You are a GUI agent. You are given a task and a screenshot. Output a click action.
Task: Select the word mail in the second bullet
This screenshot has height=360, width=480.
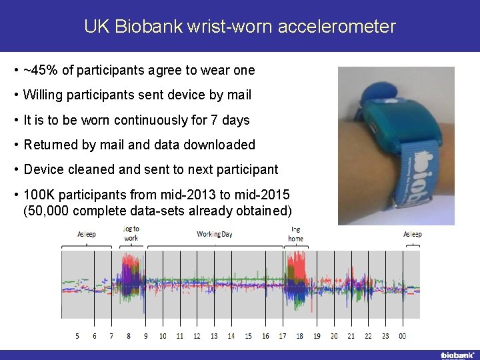pyautogui.click(x=238, y=95)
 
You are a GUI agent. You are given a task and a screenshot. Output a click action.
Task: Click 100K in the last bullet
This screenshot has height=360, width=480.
pyautogui.click(x=39, y=195)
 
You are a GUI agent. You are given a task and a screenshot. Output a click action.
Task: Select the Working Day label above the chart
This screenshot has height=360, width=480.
pyautogui.click(x=215, y=234)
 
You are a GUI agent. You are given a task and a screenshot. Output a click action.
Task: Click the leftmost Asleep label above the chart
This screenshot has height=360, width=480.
pyautogui.click(x=87, y=234)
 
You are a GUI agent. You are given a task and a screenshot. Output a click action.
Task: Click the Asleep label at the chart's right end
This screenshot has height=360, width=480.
pyautogui.click(x=412, y=234)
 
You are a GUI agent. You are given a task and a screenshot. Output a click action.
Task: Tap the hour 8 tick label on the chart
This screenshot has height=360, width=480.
pyautogui.click(x=129, y=336)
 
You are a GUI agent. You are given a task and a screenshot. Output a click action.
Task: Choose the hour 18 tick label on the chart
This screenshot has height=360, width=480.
pyautogui.click(x=300, y=336)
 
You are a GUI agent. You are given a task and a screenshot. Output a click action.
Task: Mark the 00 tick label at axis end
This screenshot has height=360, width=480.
pyautogui.click(x=403, y=336)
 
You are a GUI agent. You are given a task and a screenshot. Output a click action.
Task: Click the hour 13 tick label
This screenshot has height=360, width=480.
pyautogui.click(x=214, y=336)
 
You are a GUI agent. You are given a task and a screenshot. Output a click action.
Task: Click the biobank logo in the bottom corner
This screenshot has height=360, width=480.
pyautogui.click(x=457, y=355)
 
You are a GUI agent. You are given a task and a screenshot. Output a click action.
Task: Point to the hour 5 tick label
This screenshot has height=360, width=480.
pyautogui.click(x=77, y=336)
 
